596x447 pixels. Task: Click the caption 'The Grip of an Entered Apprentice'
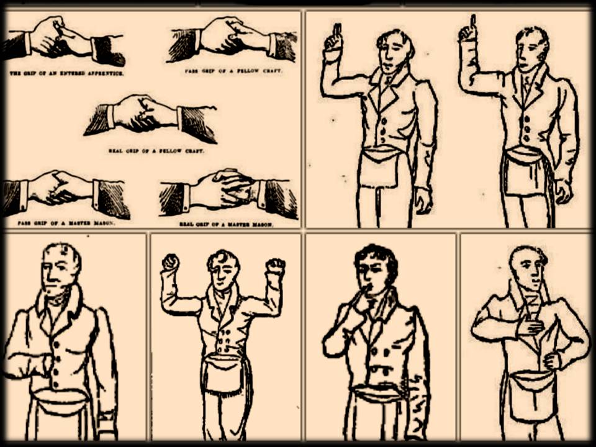tap(67, 73)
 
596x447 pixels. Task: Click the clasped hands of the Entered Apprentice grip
tap(60, 38)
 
